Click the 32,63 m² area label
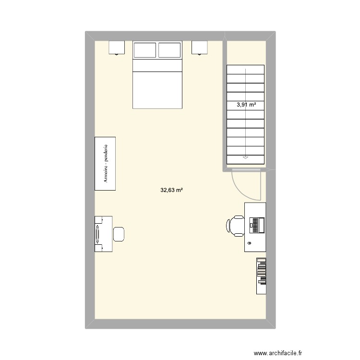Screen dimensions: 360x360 [172, 190]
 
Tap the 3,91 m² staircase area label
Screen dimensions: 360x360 [246, 105]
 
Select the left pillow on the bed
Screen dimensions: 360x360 [145, 50]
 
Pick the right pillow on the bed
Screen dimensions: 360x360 [169, 50]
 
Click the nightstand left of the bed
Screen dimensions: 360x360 [117, 47]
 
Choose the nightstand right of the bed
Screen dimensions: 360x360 [200, 47]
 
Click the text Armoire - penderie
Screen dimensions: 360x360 [106, 163]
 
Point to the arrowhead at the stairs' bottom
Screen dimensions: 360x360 [246, 156]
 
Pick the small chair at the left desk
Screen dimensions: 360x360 [119, 234]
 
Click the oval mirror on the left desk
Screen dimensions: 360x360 [99, 234]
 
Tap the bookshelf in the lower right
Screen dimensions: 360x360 [261, 276]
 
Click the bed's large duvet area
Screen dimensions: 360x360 [157, 89]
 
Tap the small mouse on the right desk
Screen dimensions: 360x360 [250, 244]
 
